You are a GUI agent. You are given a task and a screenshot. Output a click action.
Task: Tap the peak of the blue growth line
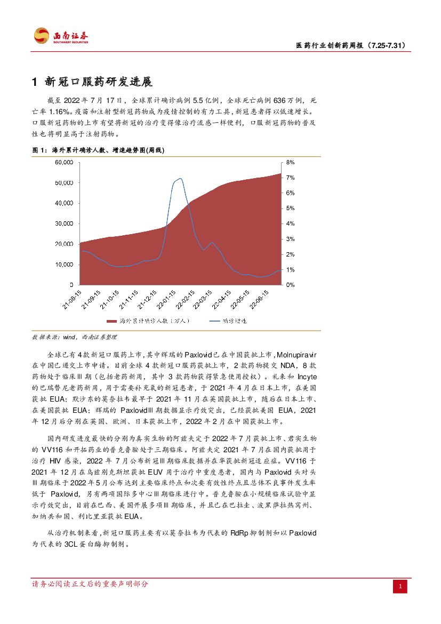point(181,178)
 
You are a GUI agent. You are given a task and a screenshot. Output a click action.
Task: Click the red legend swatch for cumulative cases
point(111,322)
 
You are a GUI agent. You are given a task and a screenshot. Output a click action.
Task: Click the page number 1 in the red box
point(400,587)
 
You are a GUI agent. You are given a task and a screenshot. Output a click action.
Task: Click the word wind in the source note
point(70,337)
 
